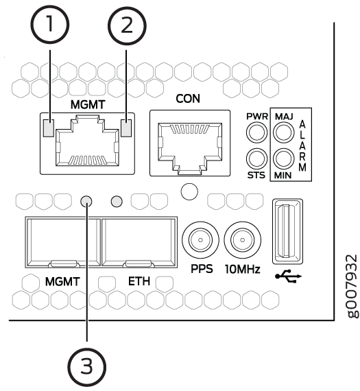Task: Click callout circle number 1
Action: click(x=49, y=25)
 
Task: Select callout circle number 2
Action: click(x=127, y=26)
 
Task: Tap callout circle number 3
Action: click(x=87, y=366)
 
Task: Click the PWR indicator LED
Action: click(x=256, y=132)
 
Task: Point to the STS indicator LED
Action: click(x=256, y=159)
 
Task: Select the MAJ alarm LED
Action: click(x=284, y=132)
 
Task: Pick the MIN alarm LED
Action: click(x=284, y=159)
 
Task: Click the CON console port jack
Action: click(x=190, y=148)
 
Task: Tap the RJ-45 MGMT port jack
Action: click(x=87, y=141)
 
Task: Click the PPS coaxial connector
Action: click(x=200, y=240)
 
